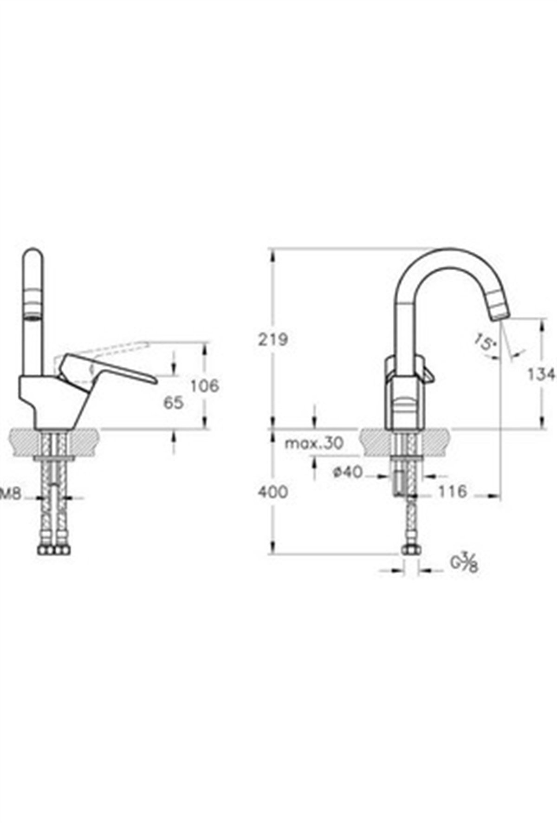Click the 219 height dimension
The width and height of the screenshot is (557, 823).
(x=273, y=340)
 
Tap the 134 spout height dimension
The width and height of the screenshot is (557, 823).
(x=544, y=374)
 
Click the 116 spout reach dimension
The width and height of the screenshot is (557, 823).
(x=452, y=491)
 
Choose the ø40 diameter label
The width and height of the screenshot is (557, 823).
(x=347, y=472)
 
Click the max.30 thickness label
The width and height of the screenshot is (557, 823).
(x=314, y=444)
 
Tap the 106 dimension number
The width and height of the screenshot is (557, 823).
(x=205, y=385)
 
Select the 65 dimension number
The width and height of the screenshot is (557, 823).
(x=173, y=403)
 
